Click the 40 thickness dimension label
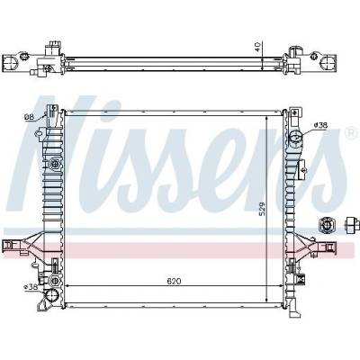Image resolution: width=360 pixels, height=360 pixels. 257,46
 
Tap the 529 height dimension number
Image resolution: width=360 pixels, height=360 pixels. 262,208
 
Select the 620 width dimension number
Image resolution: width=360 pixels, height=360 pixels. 174,281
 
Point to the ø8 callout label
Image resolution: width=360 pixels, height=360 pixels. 29,117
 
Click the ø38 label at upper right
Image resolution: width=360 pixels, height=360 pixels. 320,125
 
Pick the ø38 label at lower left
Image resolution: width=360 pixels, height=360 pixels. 31,287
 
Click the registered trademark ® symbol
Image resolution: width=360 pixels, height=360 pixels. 351,133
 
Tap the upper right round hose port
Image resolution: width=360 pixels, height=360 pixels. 296,137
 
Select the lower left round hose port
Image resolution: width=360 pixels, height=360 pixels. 51,296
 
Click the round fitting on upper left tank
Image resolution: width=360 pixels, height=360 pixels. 54,164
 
